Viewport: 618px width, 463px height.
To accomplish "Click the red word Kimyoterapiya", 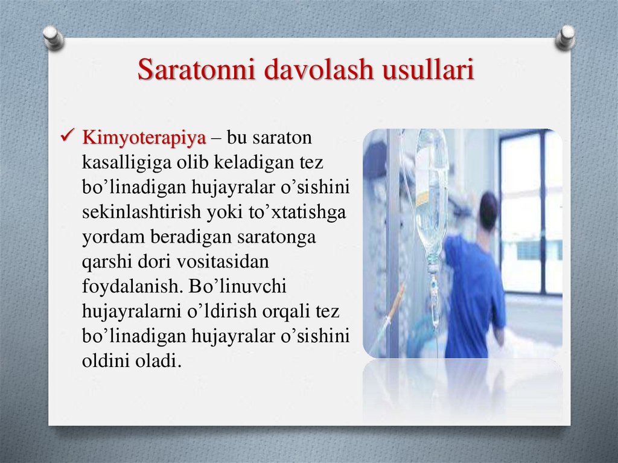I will coord(144,138).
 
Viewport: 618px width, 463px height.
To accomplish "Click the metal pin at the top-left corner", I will coord(54,37).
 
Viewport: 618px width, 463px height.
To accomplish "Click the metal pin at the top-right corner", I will coord(565,37).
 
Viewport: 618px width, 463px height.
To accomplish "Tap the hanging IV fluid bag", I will coord(431,193).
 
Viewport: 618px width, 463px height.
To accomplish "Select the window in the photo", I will coord(530,211).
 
